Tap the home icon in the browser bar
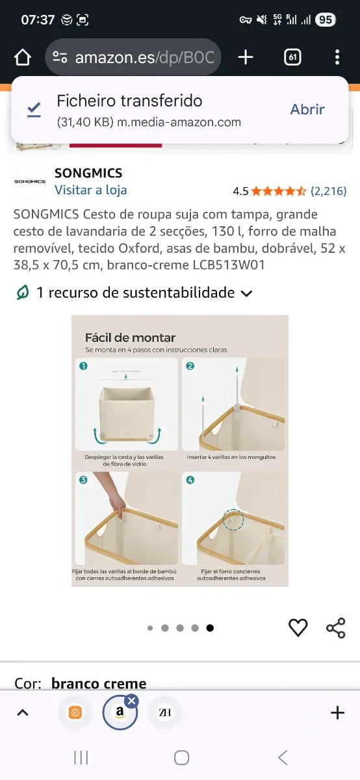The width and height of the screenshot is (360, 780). coord(23,57)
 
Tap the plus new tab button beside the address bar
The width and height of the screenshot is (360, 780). coord(246,57)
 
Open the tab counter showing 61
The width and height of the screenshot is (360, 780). coord(292,57)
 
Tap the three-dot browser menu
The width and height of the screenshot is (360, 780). coord(337,57)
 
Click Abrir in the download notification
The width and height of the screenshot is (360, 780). coord(307,109)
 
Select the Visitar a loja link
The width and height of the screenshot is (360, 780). coord(90,190)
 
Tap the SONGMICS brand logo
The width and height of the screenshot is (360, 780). coord(31,181)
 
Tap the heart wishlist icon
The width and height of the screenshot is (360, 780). coord(298,627)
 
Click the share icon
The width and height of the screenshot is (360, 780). coord(335,627)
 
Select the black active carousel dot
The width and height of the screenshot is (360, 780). coord(210,628)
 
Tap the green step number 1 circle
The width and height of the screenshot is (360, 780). coord(83,366)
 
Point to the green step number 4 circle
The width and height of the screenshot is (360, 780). coord(190,480)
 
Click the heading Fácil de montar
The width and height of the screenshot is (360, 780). coord(130,337)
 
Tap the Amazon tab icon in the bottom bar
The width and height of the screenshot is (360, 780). coord(120,713)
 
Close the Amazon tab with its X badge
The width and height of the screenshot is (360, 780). coord(131,701)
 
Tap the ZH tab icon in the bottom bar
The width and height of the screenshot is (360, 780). coord(165,713)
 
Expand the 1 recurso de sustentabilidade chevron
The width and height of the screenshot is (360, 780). coord(246,293)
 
